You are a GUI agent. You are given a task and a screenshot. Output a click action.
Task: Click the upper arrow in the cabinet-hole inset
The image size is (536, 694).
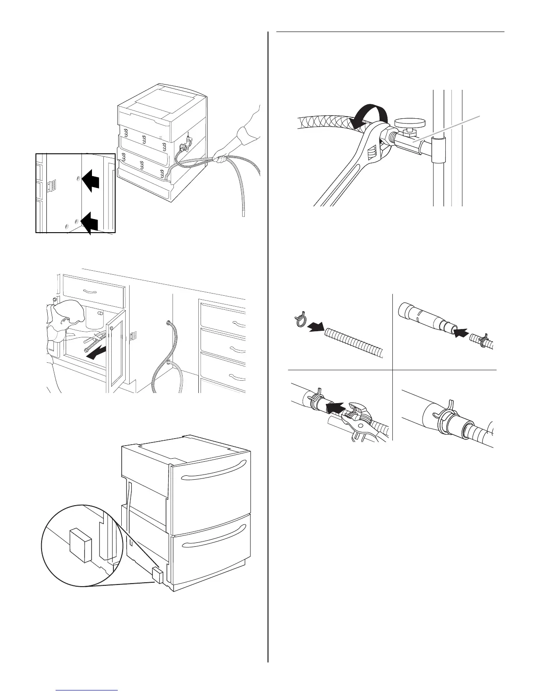[92, 181]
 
